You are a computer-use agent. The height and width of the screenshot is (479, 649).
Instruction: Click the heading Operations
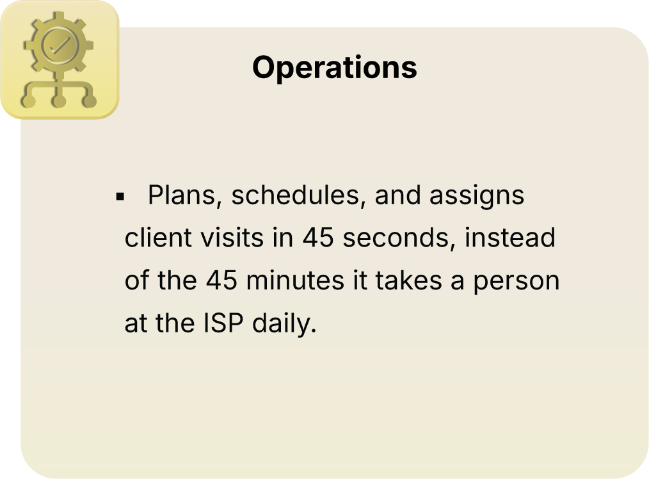[334, 67]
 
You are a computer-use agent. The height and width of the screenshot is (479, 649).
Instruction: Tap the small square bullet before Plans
[119, 196]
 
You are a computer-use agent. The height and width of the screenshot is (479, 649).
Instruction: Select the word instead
[510, 238]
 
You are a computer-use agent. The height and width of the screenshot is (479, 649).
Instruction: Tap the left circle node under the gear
[28, 101]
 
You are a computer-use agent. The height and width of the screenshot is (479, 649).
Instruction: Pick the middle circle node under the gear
[59, 101]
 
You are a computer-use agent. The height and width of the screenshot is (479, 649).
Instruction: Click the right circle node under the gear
[90, 101]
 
